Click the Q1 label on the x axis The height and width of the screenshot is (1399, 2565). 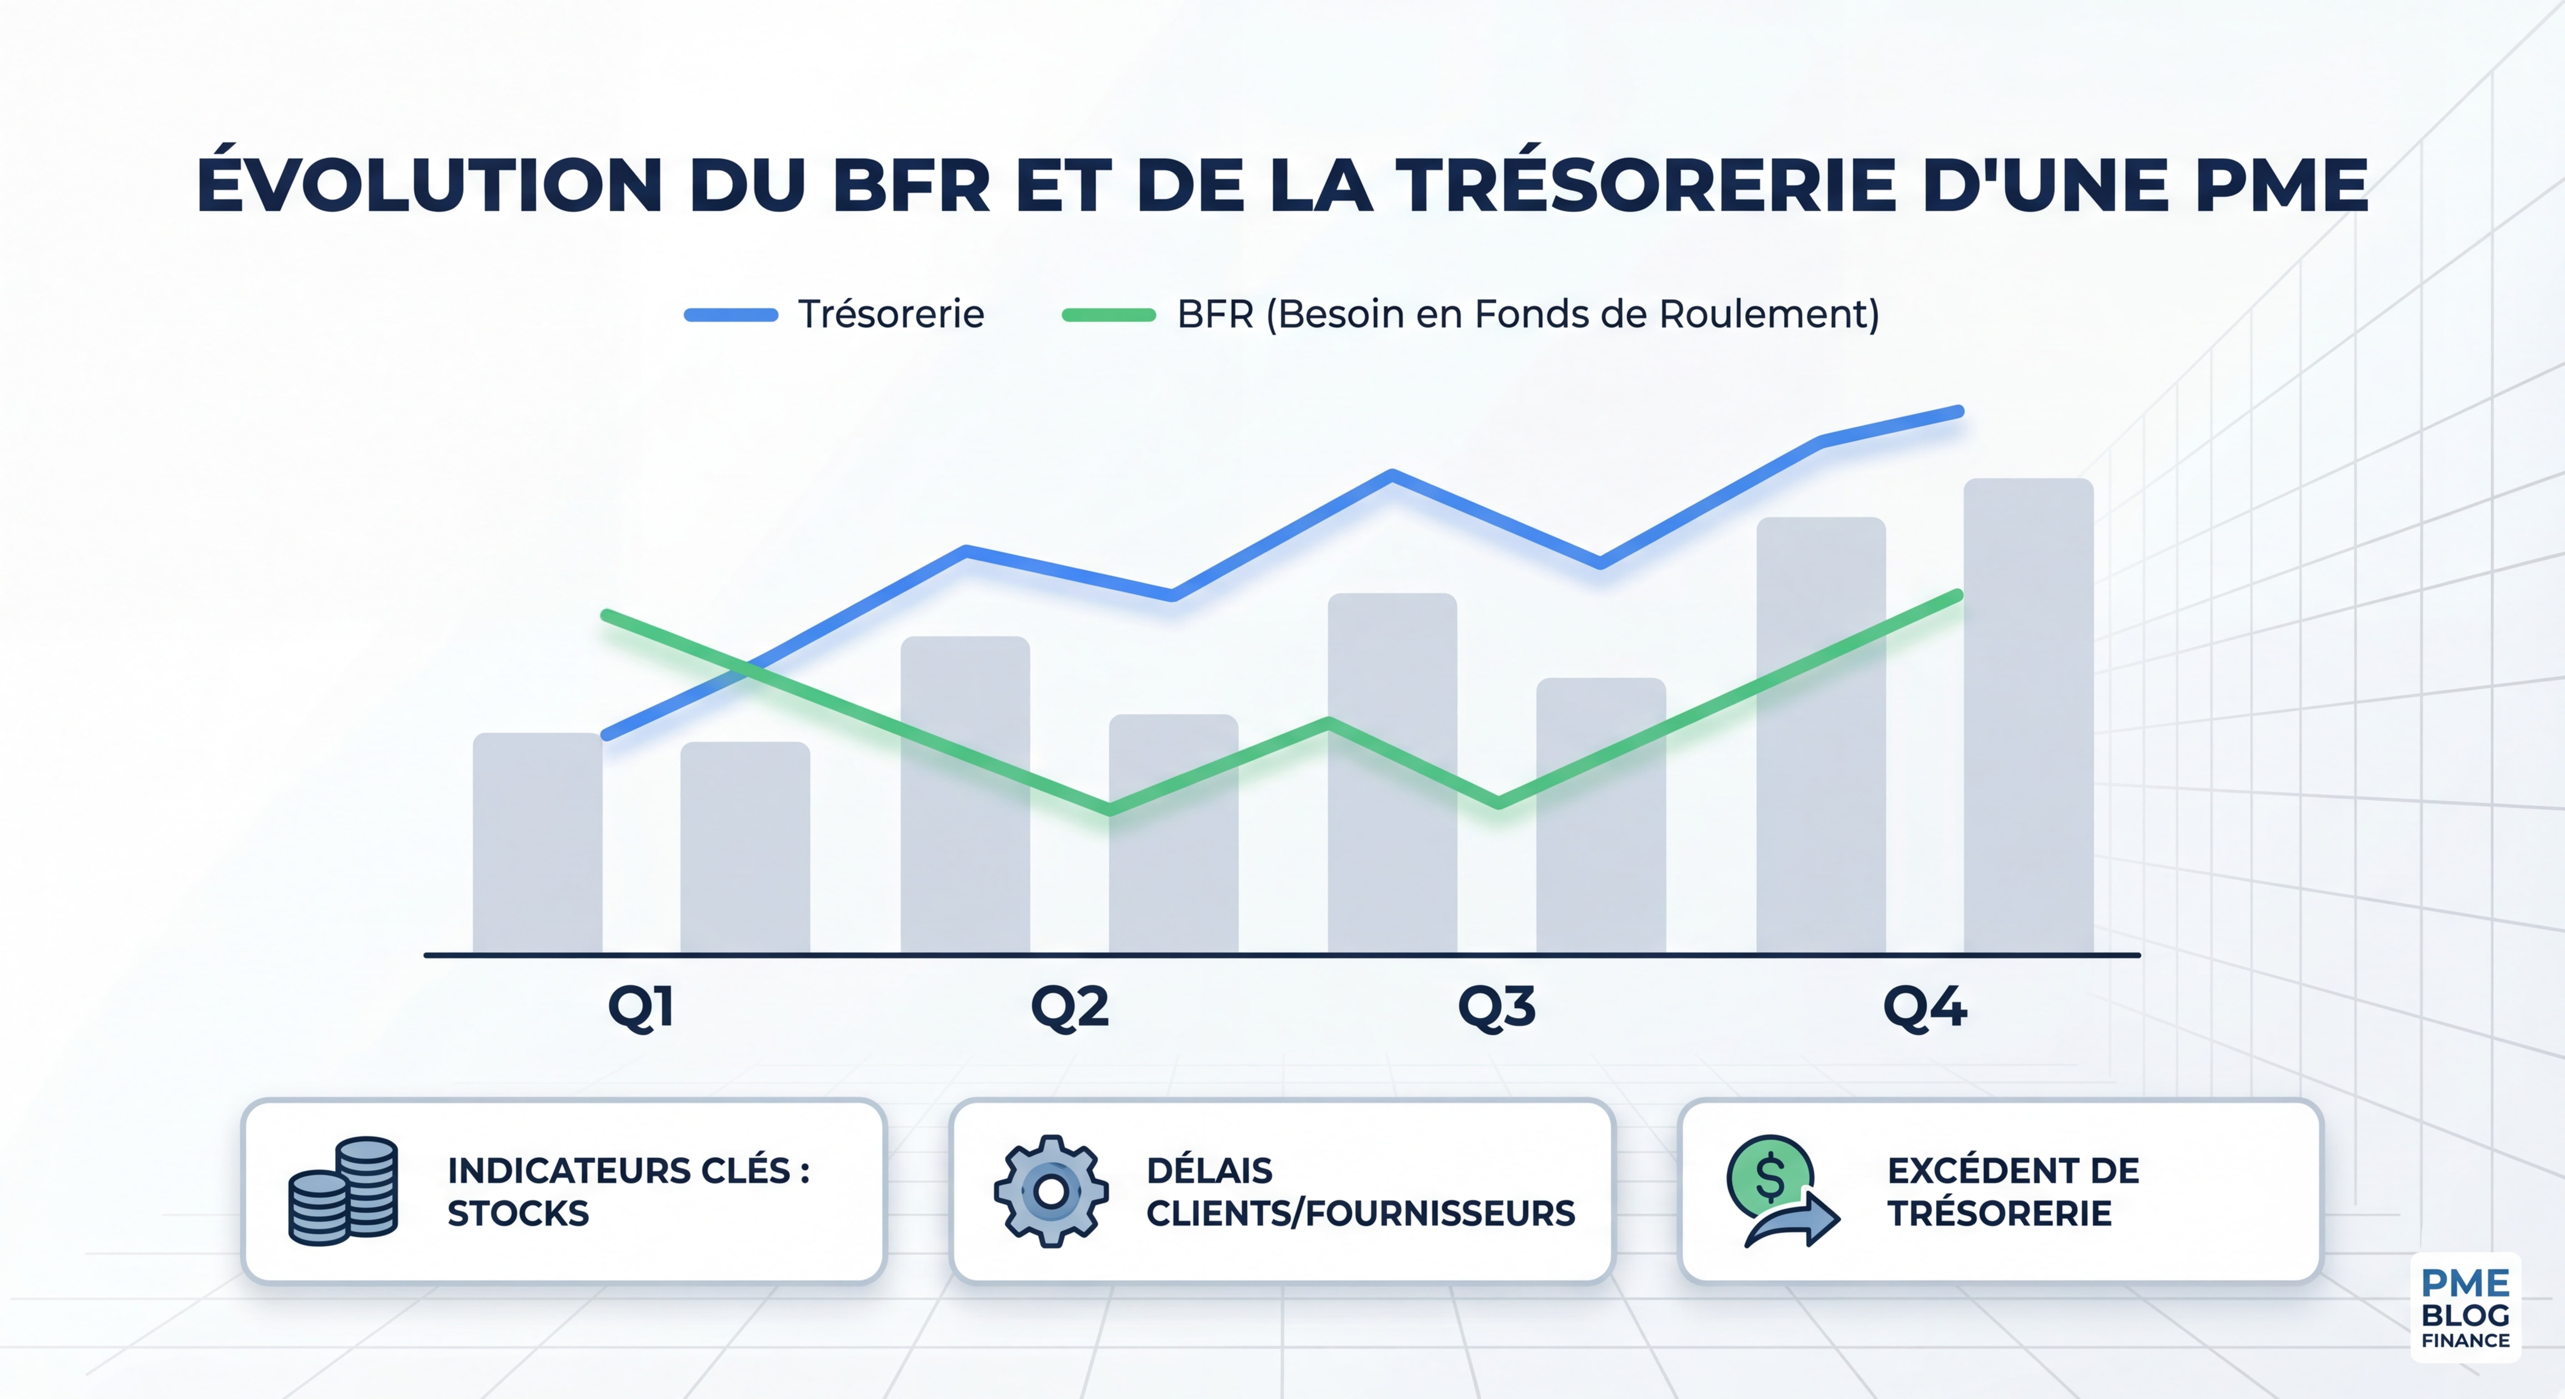pos(641,1008)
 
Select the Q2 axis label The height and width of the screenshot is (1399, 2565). pos(1069,1008)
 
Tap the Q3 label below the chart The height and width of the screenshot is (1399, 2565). pos(1497,1008)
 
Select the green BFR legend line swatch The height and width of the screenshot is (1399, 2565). pos(1108,315)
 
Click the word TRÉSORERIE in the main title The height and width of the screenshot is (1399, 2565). pos(1645,186)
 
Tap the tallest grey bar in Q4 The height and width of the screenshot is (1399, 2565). pos(2028,717)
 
